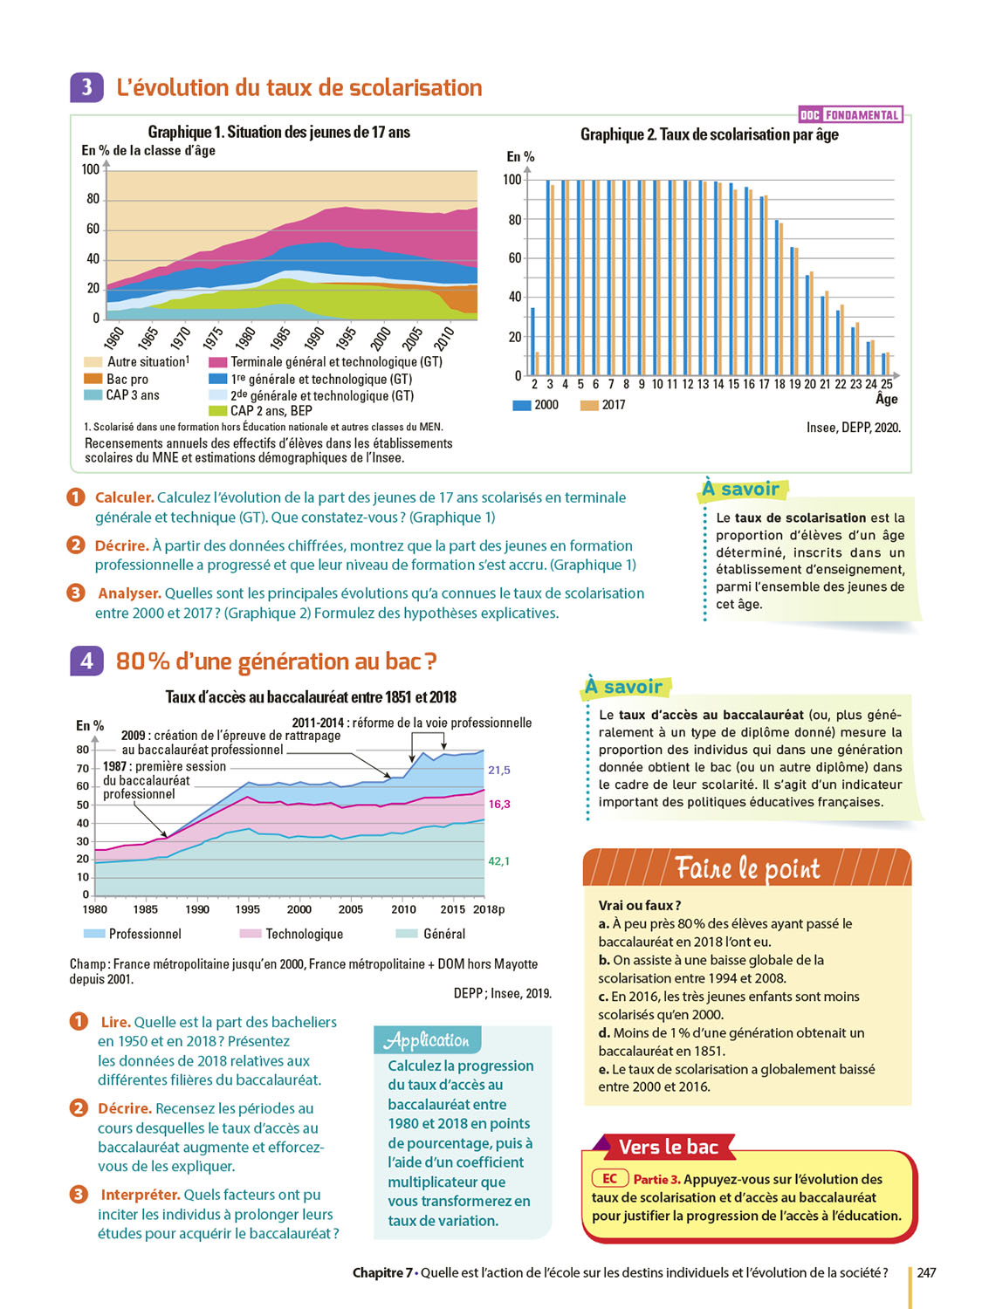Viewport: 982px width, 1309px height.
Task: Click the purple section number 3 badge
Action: click(86, 88)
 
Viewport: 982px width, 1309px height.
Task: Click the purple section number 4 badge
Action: click(86, 661)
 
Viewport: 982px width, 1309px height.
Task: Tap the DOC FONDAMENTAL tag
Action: click(850, 115)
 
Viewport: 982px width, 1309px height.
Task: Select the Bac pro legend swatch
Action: click(93, 379)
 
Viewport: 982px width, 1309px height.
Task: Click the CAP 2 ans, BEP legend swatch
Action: click(217, 411)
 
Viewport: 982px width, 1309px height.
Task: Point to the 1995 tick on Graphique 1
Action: click(346, 337)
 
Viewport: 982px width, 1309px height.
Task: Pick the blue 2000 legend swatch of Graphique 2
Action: click(521, 405)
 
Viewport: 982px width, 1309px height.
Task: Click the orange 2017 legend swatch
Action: click(589, 405)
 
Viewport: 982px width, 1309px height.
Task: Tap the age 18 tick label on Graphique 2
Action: click(779, 384)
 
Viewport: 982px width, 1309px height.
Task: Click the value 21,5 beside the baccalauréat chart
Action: click(499, 771)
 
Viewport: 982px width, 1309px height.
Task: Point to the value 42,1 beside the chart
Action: click(499, 861)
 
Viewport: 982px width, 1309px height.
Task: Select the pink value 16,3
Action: click(499, 805)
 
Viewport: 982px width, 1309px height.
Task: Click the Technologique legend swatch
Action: click(251, 934)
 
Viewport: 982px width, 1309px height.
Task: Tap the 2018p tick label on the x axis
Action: click(489, 909)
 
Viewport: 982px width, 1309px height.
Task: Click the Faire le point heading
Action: click(747, 869)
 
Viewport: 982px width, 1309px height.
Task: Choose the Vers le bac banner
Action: click(668, 1147)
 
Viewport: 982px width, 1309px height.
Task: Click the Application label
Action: click(428, 1040)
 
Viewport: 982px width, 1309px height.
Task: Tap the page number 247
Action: click(926, 1273)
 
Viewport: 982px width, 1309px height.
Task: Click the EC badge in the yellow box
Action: click(610, 1179)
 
